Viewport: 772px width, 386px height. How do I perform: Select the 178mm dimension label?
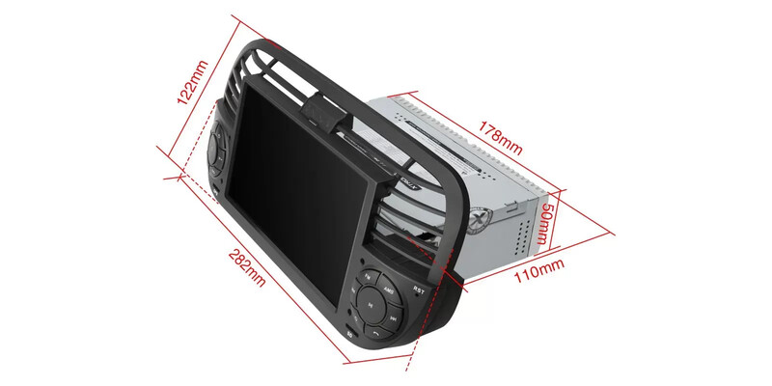click(500, 137)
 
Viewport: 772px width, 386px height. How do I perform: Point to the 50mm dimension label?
click(547, 224)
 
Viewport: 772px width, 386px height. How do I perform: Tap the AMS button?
click(388, 289)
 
